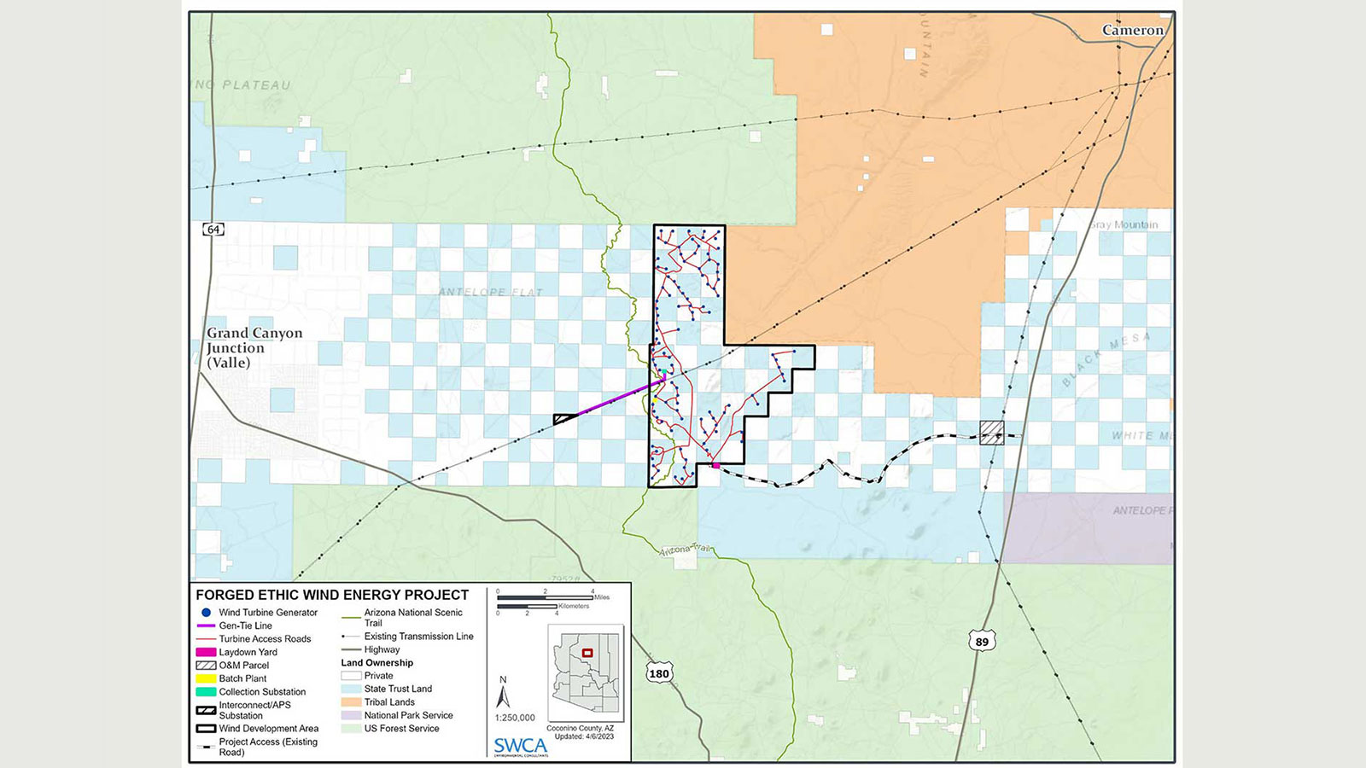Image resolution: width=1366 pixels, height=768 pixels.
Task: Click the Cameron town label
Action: pyautogui.click(x=1132, y=31)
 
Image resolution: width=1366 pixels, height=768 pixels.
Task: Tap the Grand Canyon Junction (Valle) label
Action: pyautogui.click(x=254, y=347)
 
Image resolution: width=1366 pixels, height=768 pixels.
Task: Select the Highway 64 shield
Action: pyautogui.click(x=213, y=230)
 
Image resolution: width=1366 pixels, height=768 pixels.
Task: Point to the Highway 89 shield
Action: pyautogui.click(x=982, y=642)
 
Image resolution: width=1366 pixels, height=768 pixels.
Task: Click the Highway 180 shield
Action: pyautogui.click(x=659, y=673)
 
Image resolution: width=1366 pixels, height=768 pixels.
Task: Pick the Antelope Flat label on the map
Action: pyautogui.click(x=490, y=292)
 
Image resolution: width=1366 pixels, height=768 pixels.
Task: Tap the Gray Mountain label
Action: pyautogui.click(x=1124, y=224)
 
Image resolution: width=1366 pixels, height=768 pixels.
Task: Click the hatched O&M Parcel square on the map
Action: pyautogui.click(x=991, y=433)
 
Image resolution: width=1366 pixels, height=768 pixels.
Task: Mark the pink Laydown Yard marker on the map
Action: pyautogui.click(x=715, y=466)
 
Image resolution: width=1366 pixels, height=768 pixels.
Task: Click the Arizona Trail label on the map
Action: pyautogui.click(x=685, y=550)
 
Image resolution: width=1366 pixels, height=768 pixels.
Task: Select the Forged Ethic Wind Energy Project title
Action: pyautogui.click(x=332, y=595)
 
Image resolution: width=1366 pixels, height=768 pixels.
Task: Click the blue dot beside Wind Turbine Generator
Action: pyautogui.click(x=206, y=613)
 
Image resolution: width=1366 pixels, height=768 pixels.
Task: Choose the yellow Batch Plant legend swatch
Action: pyautogui.click(x=206, y=678)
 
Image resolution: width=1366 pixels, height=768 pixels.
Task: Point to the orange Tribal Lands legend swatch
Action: pyautogui.click(x=351, y=702)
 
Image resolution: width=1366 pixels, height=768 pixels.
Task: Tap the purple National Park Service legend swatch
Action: pyautogui.click(x=351, y=715)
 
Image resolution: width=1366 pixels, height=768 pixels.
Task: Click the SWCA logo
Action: pyautogui.click(x=520, y=746)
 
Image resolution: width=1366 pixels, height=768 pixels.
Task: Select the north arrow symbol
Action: pyautogui.click(x=503, y=695)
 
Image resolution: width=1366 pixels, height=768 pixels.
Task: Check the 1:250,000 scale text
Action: pyautogui.click(x=515, y=718)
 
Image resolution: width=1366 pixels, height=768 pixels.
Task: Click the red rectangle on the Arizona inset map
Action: pyautogui.click(x=587, y=654)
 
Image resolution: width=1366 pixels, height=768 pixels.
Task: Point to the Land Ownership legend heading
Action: pyautogui.click(x=377, y=663)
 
